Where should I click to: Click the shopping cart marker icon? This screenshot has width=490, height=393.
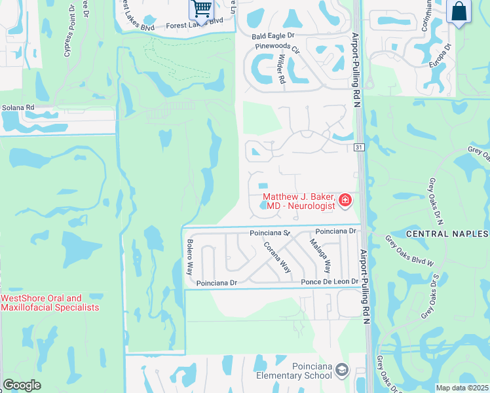pyautogui.click(x=202, y=9)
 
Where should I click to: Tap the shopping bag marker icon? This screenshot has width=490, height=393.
pyautogui.click(x=459, y=11)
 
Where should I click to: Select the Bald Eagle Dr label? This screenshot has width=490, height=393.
pyautogui.click(x=275, y=37)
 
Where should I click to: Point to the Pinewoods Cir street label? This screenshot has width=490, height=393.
pyautogui.click(x=277, y=48)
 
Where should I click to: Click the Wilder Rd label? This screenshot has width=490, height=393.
pyautogui.click(x=281, y=68)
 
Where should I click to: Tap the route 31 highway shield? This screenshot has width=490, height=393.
pyautogui.click(x=360, y=147)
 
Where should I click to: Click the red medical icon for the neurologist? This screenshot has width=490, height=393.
pyautogui.click(x=345, y=200)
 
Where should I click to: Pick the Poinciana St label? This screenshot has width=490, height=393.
pyautogui.click(x=269, y=233)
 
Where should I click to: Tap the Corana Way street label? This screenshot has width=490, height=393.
pyautogui.click(x=278, y=256)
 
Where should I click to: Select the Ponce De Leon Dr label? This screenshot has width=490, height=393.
pyautogui.click(x=330, y=282)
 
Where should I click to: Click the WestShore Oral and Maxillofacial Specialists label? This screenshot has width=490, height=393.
pyautogui.click(x=50, y=303)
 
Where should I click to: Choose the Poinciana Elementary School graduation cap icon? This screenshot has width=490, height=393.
pyautogui.click(x=341, y=371)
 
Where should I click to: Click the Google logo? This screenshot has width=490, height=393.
pyautogui.click(x=22, y=385)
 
